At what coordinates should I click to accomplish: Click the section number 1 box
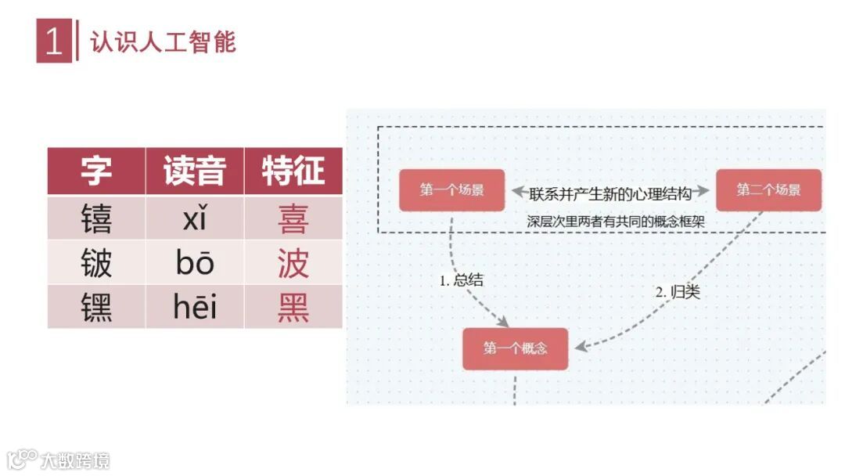[54, 41]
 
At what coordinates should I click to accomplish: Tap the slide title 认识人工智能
[163, 41]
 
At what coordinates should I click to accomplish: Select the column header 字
[96, 171]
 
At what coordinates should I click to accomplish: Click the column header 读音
[195, 171]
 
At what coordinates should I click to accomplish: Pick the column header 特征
[293, 171]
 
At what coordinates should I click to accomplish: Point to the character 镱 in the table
[96, 218]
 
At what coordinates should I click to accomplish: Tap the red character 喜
[293, 218]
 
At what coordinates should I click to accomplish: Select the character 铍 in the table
[96, 263]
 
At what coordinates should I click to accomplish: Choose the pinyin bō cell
[195, 263]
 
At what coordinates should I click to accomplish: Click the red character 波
[293, 263]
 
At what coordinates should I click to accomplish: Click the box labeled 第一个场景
[451, 190]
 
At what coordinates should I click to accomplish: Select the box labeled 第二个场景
[768, 190]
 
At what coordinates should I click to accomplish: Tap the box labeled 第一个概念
[515, 348]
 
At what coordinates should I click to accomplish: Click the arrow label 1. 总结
[462, 279]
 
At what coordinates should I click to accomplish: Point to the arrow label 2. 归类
[677, 292]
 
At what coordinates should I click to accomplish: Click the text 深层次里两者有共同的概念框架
[616, 222]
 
